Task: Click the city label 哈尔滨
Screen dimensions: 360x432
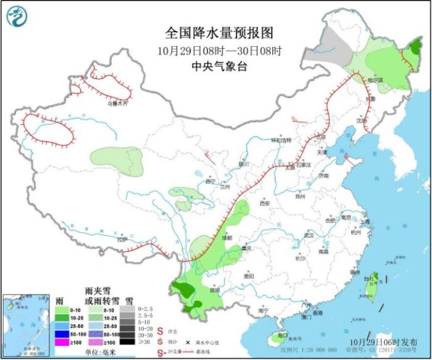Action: point(375,80)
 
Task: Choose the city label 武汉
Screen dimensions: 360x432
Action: point(309,235)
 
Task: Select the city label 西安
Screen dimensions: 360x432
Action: point(265,203)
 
